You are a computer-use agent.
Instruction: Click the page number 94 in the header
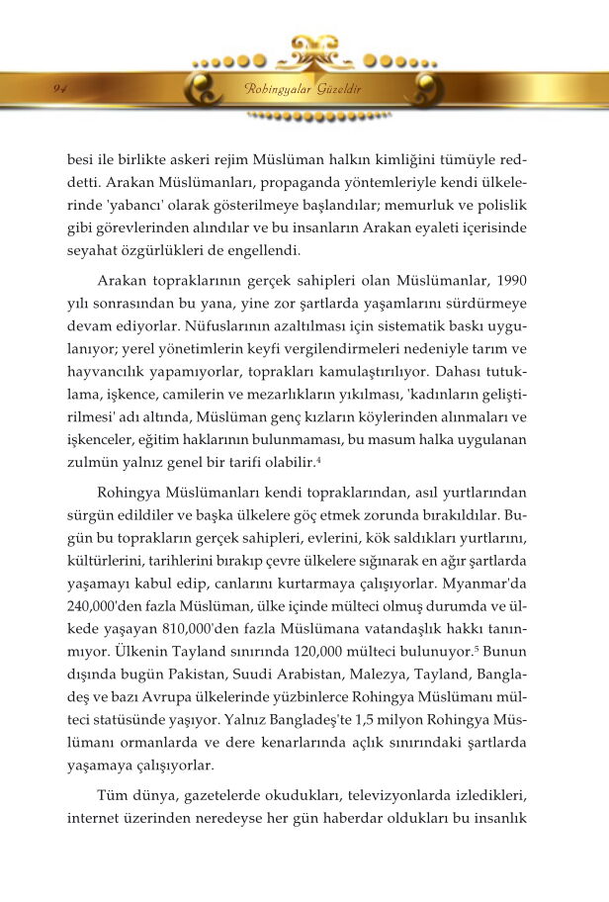pyautogui.click(x=59, y=89)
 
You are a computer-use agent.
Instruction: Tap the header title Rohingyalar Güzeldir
pyautogui.click(x=303, y=90)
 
